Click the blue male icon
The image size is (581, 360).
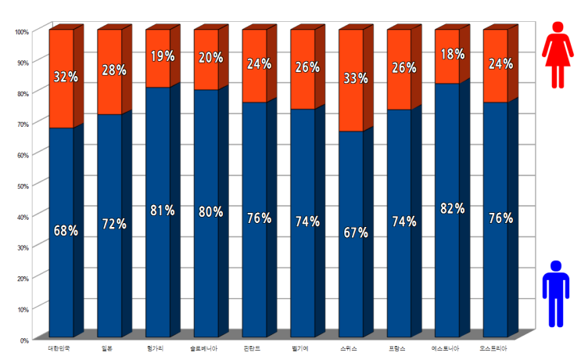556,293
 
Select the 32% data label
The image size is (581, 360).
66,77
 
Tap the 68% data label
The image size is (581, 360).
66,231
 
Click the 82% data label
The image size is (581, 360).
452,208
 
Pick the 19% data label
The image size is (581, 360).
163,56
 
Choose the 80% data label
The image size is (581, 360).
210,212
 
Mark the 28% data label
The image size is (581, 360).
114,70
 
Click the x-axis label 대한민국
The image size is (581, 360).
59,347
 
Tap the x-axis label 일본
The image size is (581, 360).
107,347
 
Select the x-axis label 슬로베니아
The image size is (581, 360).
204,347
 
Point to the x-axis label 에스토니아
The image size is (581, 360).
446,347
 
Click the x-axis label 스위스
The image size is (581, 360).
349,347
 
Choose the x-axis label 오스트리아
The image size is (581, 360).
494,347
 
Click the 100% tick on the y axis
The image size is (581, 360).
22,31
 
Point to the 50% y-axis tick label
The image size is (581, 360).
23,185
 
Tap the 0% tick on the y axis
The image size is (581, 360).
24,340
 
